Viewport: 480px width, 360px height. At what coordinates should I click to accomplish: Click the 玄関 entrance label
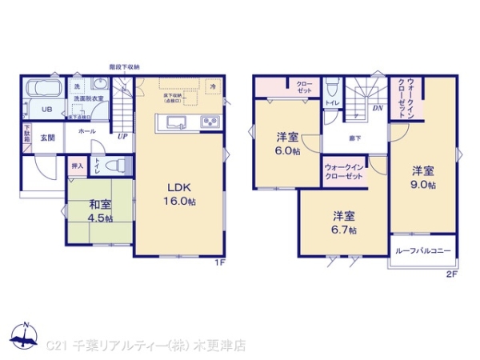[x=47, y=138]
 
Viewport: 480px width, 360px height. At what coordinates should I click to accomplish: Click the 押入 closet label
[x=77, y=166]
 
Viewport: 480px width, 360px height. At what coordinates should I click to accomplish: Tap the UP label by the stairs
[x=122, y=136]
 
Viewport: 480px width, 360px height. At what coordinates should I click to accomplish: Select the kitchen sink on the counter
[x=175, y=122]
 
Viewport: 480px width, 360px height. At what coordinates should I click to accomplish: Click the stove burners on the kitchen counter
[x=210, y=122]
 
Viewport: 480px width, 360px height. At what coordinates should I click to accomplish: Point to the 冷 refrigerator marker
[x=213, y=85]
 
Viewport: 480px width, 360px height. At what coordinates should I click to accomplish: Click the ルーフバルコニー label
[x=423, y=251]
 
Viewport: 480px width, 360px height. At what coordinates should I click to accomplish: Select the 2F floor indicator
[x=451, y=274]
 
